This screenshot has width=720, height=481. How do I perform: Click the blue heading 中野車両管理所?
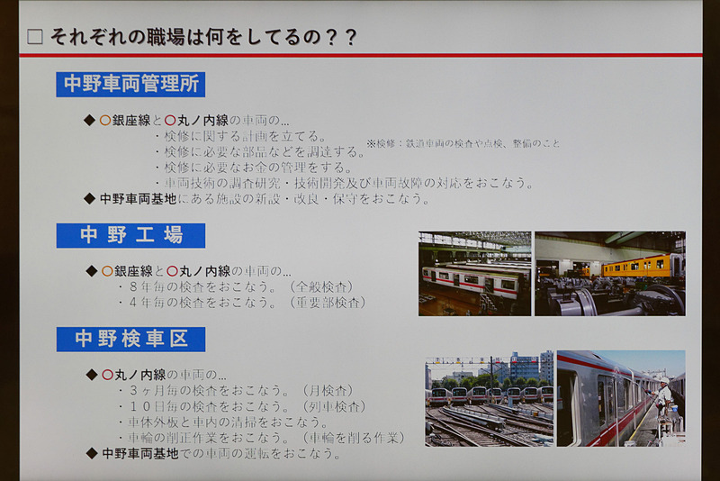pos(130,85)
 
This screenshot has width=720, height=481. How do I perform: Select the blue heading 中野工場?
pos(130,236)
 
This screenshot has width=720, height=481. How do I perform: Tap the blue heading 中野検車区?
pos(130,340)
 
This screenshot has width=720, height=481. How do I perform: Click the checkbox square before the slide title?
pos(35,37)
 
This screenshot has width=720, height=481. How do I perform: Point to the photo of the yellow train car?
pos(610,273)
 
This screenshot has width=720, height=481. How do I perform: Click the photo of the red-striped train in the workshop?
pos(474,273)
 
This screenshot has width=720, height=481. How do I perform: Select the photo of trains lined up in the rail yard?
pos(489,398)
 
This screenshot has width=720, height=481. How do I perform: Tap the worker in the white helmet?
pos(664,395)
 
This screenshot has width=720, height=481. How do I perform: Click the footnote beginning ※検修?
pos(463,143)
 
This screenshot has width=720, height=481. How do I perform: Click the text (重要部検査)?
pos(328,303)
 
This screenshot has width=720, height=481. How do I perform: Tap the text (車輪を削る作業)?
pos(353,438)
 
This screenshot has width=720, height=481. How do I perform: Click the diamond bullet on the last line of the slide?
pos(90,453)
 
